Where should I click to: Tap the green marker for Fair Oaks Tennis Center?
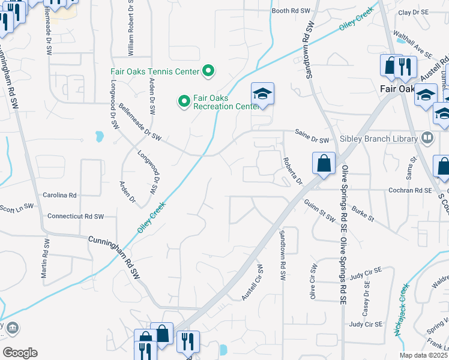208,71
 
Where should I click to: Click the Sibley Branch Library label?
378,139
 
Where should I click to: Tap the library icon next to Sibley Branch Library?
427,138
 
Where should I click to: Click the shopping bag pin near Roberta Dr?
324,163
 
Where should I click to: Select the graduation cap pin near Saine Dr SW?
262,94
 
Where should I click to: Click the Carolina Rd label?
59,195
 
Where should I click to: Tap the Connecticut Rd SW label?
76,216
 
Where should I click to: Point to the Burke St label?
363,213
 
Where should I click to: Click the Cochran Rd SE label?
410,190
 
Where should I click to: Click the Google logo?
20,353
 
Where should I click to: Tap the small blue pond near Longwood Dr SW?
98,137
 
